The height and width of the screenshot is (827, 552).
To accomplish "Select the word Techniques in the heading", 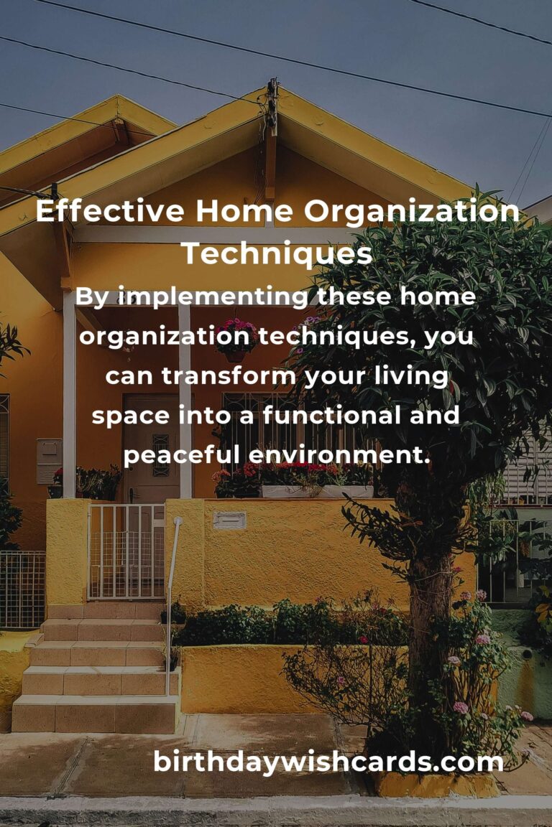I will [x=276, y=253].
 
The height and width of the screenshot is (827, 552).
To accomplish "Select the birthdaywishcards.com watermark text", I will [x=328, y=762].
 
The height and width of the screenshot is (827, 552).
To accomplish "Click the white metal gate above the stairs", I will [x=126, y=551].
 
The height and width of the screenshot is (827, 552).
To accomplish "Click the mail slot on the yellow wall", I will [x=229, y=520].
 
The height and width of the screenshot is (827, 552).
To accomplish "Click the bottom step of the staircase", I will [x=95, y=714].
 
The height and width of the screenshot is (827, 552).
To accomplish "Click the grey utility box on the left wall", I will [x=49, y=460].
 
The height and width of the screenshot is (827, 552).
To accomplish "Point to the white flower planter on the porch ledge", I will [x=316, y=492].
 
